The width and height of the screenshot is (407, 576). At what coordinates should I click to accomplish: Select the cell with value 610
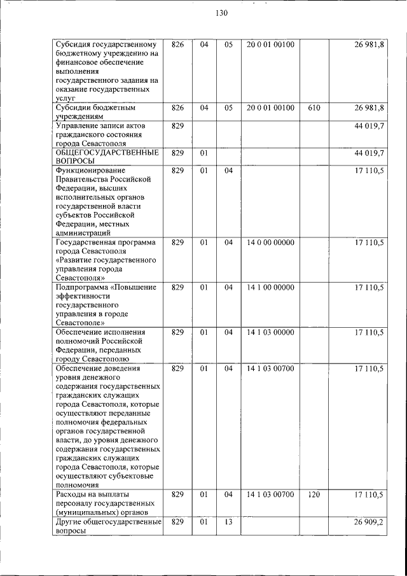314,108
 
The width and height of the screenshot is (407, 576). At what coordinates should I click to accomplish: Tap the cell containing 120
314,495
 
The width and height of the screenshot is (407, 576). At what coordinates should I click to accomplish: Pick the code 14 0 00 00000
270,242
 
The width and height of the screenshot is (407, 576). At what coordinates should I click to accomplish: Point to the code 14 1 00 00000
270,287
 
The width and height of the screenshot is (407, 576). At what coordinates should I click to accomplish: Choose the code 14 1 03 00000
270,332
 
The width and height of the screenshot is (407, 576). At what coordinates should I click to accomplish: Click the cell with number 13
229,522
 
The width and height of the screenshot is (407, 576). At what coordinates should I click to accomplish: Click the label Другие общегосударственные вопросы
106,526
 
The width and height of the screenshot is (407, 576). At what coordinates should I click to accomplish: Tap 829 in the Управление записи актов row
177,126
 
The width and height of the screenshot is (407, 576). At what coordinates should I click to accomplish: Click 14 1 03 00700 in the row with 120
270,495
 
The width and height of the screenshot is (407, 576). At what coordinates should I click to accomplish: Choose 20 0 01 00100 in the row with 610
270,108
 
